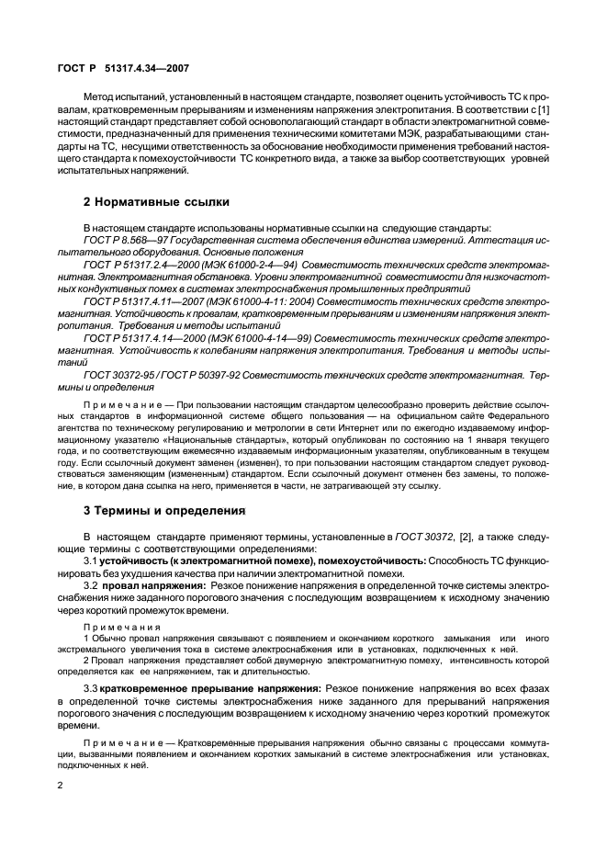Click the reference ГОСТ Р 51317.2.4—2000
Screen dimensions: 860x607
(138, 265)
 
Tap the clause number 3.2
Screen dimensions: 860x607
(93, 584)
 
